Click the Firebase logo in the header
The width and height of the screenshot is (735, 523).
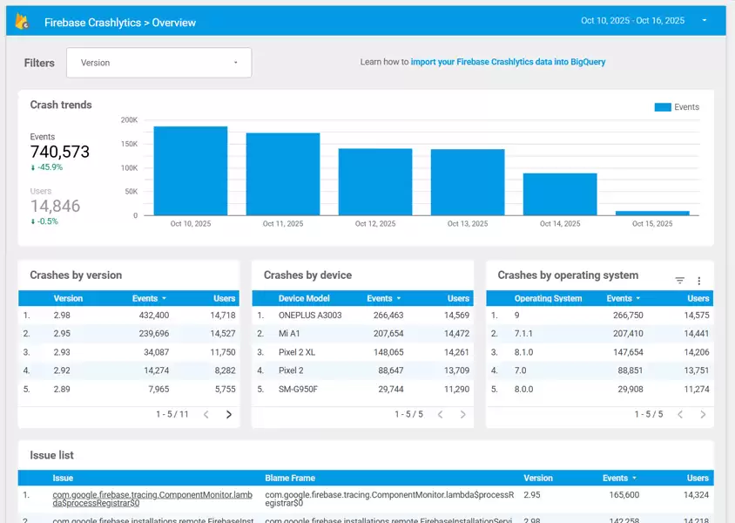click(23, 22)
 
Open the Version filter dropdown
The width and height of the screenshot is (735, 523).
click(183, 63)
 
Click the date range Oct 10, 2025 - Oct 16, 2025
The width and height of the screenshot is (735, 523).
click(632, 20)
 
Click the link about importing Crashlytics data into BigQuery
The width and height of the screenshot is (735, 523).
click(508, 62)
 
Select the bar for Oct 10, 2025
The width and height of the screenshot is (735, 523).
click(191, 171)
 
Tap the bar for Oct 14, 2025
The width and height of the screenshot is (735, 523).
click(560, 194)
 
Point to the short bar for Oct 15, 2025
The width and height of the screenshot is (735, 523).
click(652, 213)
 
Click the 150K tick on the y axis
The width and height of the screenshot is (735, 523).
click(129, 144)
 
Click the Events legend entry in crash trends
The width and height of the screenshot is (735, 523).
click(677, 107)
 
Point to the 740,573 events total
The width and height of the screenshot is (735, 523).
click(60, 152)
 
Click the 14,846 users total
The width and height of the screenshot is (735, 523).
click(55, 206)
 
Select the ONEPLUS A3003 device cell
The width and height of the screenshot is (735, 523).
click(310, 316)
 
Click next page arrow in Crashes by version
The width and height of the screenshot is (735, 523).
click(229, 414)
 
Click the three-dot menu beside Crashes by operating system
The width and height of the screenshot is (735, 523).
click(698, 281)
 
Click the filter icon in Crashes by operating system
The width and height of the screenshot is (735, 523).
click(680, 281)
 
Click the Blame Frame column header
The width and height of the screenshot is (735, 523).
click(290, 478)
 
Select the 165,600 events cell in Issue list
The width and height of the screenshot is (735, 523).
click(621, 495)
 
